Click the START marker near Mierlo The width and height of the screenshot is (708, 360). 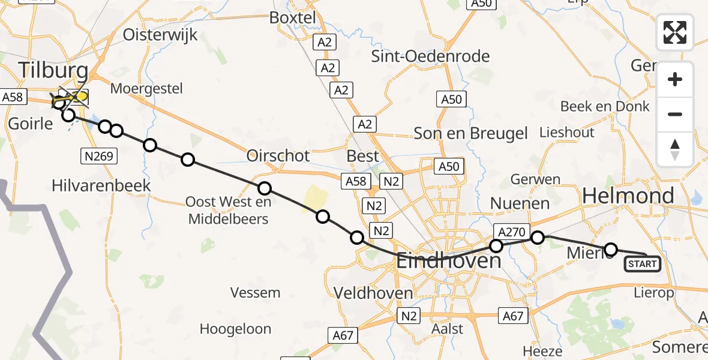pyautogui.click(x=643, y=263)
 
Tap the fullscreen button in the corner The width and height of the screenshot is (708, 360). pyautogui.click(x=675, y=32)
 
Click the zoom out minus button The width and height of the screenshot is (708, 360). pyautogui.click(x=675, y=114)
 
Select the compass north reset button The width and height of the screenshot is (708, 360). pyautogui.click(x=675, y=149)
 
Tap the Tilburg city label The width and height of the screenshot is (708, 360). pyautogui.click(x=53, y=70)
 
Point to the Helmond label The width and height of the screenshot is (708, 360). pyautogui.click(x=628, y=196)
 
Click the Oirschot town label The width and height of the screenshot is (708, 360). pyautogui.click(x=278, y=156)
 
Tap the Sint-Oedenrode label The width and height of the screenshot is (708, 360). pyautogui.click(x=430, y=56)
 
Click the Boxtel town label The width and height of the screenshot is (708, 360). pyautogui.click(x=292, y=18)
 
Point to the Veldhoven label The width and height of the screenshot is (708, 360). pyautogui.click(x=374, y=293)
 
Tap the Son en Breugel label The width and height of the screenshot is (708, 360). pyautogui.click(x=470, y=133)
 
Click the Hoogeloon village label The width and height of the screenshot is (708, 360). pyautogui.click(x=235, y=329)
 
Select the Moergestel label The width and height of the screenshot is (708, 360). pyautogui.click(x=147, y=89)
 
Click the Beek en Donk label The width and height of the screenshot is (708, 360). pyautogui.click(x=605, y=106)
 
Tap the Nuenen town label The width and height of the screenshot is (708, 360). pyautogui.click(x=520, y=203)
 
